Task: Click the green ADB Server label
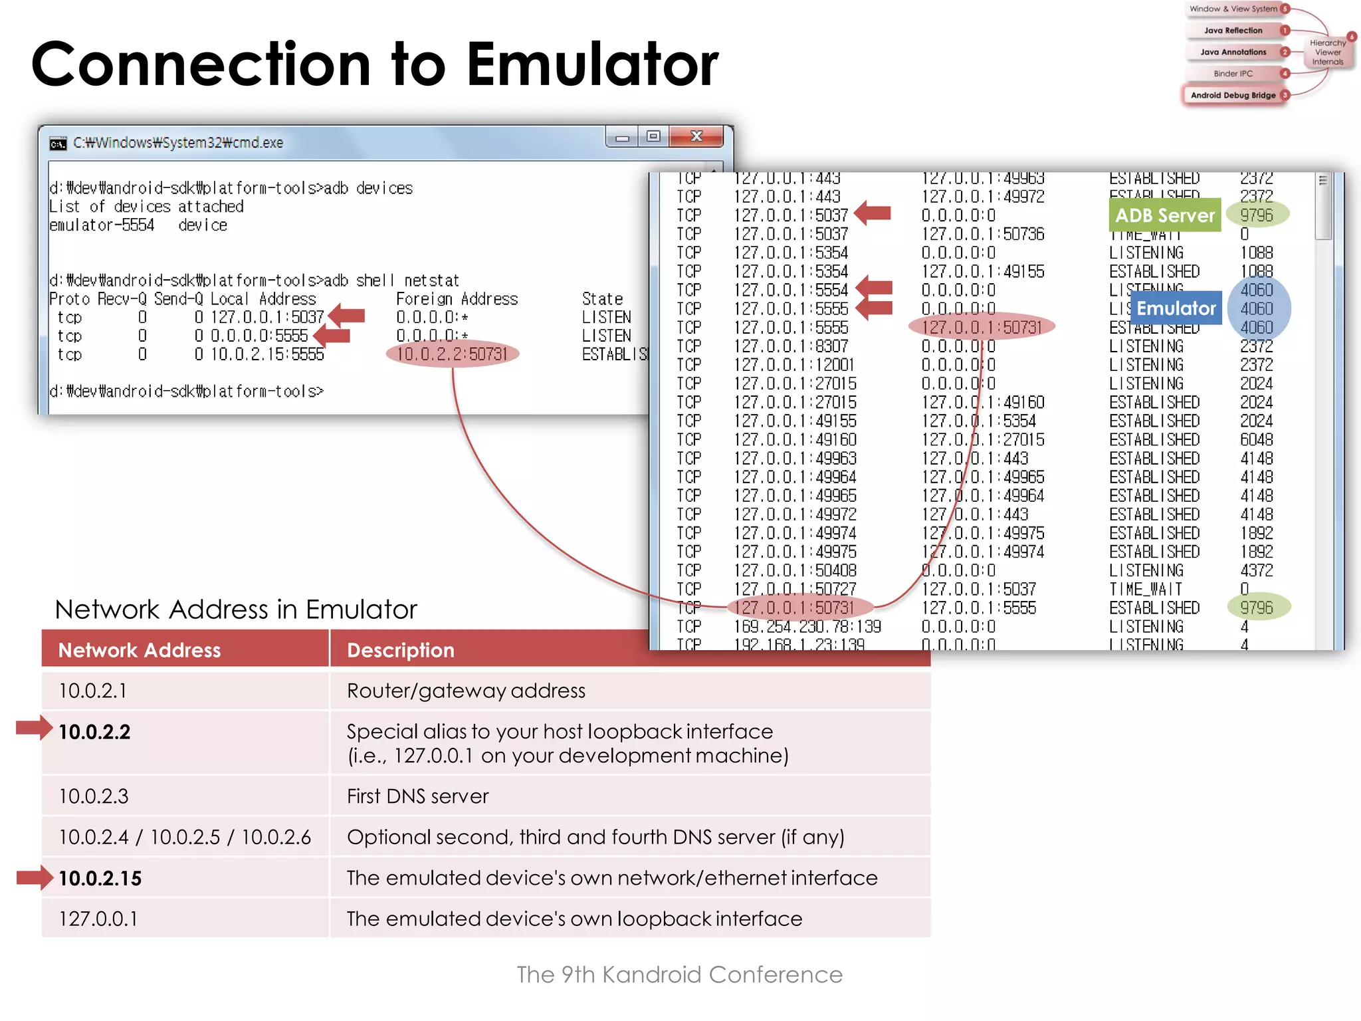pos(1164,215)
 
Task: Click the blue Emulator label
pos(1176,308)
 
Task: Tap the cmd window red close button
pos(696,136)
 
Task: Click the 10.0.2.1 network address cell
pos(93,691)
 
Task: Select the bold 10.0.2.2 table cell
pos(94,732)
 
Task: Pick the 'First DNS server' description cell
pos(417,796)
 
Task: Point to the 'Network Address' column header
pos(140,650)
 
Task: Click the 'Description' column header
pos(401,650)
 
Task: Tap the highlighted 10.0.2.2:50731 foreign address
pos(452,354)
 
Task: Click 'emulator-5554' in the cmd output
pos(102,225)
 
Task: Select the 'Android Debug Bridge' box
pos(1233,95)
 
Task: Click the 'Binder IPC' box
pos(1233,74)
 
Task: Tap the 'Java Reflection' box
pos(1233,31)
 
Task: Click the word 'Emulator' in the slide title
pos(591,64)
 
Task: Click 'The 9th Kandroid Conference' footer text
pos(679,974)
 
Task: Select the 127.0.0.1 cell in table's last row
pos(98,919)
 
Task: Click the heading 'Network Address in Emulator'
pos(236,609)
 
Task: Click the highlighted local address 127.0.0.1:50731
pos(800,608)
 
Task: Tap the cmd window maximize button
pos(653,136)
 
